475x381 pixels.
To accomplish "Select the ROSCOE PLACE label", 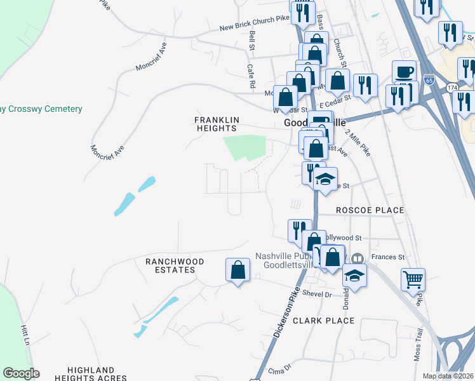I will [x=361, y=210].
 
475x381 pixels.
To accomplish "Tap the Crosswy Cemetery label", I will [x=41, y=109].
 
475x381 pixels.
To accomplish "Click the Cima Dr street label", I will [x=279, y=368].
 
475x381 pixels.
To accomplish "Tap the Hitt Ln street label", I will [x=26, y=335].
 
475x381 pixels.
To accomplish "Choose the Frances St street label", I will [x=392, y=257].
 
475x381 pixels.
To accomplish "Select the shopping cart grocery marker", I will [x=413, y=279].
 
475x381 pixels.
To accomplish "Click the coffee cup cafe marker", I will [x=405, y=72].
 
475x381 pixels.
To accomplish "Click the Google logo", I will [x=21, y=373].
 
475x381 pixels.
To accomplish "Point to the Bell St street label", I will [x=252, y=41].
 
